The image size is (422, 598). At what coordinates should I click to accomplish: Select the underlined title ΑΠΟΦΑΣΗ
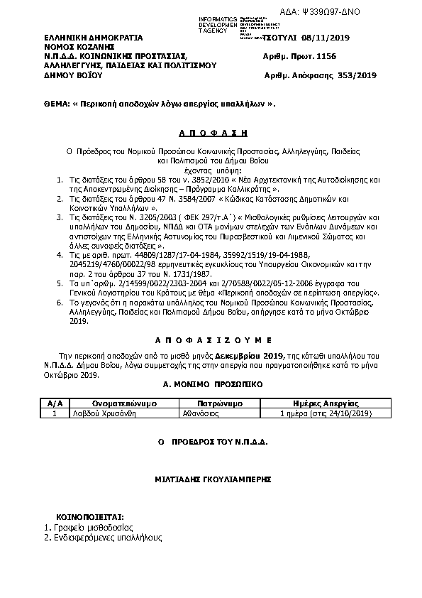click(211, 132)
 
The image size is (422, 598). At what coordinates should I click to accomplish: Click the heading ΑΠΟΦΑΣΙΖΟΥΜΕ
click(211, 339)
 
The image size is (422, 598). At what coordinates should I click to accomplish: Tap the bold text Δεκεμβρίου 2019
click(243, 354)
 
